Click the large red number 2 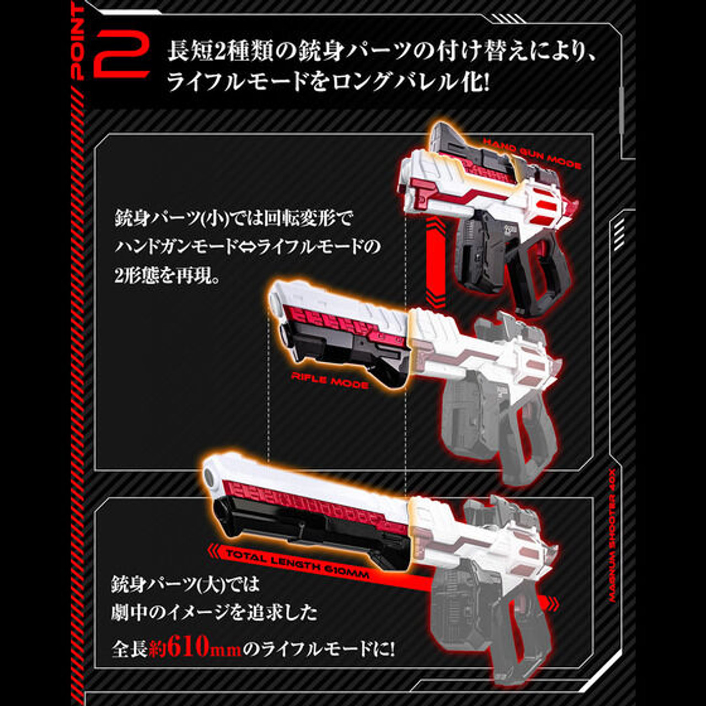pos(122,55)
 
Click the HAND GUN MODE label pos(532,153)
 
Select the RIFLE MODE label pos(329,380)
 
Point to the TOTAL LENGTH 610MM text pos(298,564)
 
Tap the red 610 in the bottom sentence pos(188,648)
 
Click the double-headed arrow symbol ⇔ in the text pos(248,246)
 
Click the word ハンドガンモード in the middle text pos(176,246)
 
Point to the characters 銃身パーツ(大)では pos(185,584)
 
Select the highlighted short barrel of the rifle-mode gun pos(339,331)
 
